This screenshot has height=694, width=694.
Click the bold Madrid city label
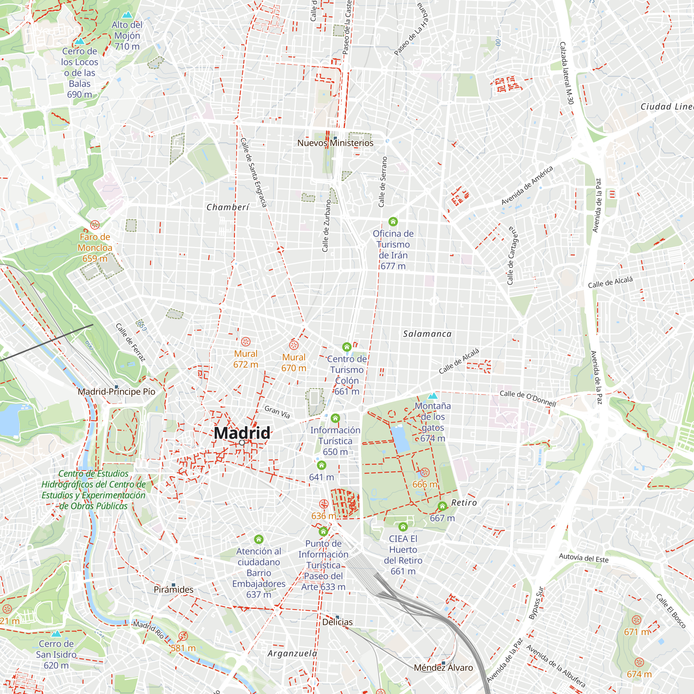click(x=242, y=433)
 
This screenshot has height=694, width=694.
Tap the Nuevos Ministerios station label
click(x=335, y=143)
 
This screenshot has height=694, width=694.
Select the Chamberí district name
click(x=228, y=207)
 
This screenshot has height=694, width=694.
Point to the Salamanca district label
click(x=427, y=334)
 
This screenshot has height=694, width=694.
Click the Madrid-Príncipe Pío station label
click(x=116, y=391)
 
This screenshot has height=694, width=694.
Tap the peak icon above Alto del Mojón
click(x=127, y=15)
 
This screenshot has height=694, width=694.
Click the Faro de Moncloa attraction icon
click(x=95, y=225)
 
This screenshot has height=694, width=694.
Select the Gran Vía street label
click(x=277, y=412)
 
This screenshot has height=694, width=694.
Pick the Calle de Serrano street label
click(x=383, y=182)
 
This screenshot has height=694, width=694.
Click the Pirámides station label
click(x=173, y=590)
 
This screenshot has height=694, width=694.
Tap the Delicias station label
click(x=337, y=622)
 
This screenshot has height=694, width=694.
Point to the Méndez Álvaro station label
click(x=443, y=667)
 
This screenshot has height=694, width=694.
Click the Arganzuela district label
click(x=293, y=653)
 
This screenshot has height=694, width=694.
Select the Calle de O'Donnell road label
click(x=528, y=398)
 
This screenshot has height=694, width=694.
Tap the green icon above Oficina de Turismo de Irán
click(x=393, y=221)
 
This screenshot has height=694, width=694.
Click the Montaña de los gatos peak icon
click(x=433, y=396)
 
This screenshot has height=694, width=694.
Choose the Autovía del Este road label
click(x=583, y=558)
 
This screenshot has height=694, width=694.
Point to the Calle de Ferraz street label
click(x=130, y=342)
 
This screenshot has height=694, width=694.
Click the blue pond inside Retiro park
click(x=400, y=439)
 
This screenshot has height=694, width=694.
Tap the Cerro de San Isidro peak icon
click(x=56, y=634)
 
